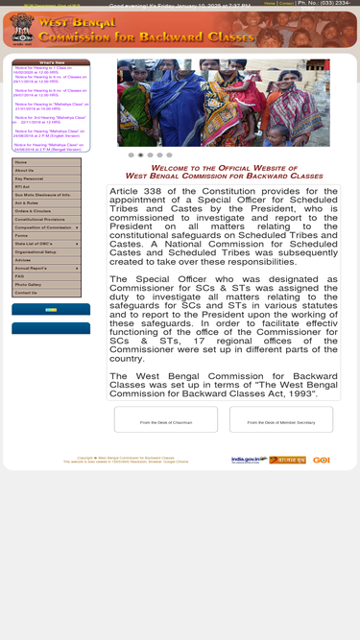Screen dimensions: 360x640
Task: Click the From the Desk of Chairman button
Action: point(165,422)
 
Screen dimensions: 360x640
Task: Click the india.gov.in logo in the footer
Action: point(249,460)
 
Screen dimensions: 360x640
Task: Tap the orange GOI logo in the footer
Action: point(321,460)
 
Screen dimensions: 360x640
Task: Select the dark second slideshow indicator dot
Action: point(140,154)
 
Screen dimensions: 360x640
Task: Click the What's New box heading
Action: point(52,62)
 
